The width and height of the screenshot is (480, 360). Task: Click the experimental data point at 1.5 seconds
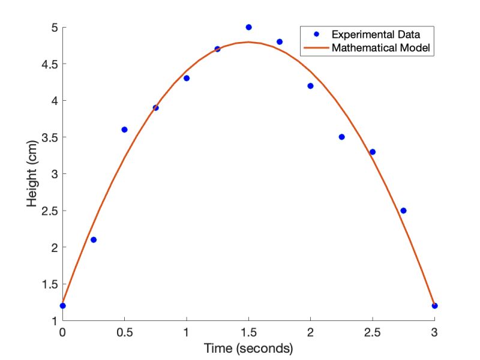[248, 27]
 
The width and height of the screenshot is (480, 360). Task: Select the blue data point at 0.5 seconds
[124, 130]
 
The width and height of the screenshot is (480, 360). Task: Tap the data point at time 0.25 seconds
[93, 239]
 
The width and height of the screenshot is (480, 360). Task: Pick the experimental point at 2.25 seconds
[341, 137]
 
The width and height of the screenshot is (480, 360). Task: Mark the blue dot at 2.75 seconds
[403, 211]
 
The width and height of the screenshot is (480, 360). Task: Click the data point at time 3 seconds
[434, 305]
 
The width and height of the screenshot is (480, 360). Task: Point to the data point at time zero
[62, 305]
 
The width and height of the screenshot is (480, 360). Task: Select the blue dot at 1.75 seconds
[280, 41]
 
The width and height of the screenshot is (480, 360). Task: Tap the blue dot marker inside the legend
[316, 35]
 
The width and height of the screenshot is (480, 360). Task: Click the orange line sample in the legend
[316, 48]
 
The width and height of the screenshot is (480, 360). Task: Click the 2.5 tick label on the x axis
[372, 332]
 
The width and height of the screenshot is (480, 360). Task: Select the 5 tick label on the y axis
[53, 28]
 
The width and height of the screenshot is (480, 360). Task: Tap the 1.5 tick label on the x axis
[248, 332]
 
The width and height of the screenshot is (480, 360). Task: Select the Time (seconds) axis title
[248, 347]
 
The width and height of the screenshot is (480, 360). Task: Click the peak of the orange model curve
[248, 42]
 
